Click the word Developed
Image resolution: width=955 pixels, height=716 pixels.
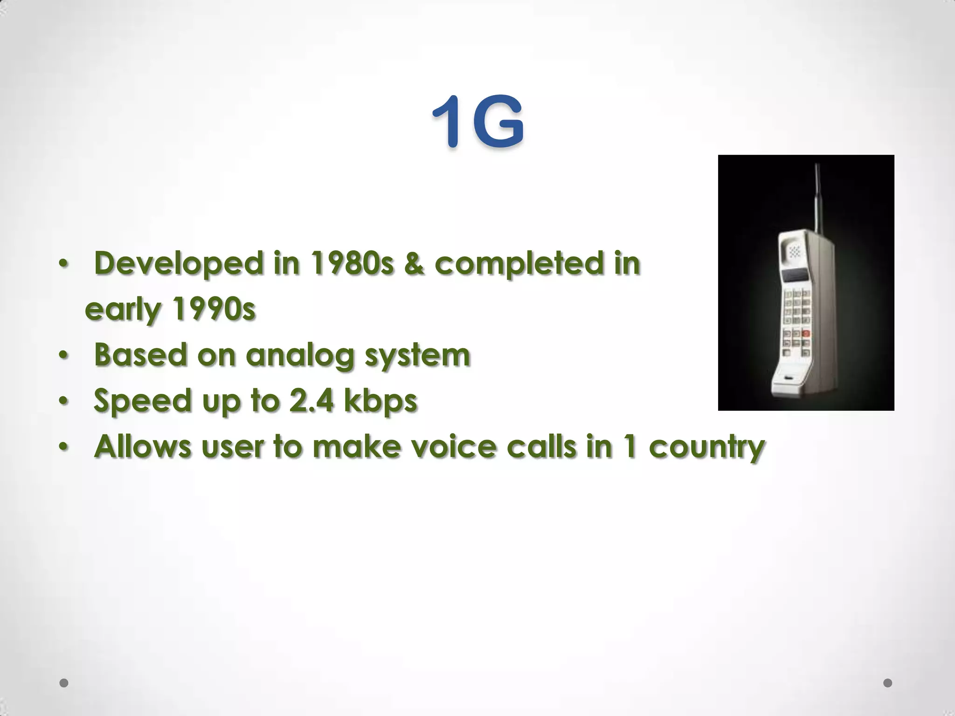[x=179, y=264]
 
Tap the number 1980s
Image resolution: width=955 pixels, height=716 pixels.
[x=352, y=264]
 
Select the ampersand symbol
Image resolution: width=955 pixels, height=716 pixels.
[x=414, y=264]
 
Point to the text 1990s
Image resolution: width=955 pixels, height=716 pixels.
[x=214, y=309]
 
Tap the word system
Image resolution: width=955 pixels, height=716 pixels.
[x=417, y=356]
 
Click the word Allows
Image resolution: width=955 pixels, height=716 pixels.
[x=142, y=447]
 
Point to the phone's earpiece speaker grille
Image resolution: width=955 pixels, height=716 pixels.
[x=794, y=252]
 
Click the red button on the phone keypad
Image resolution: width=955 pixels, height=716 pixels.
[x=805, y=334]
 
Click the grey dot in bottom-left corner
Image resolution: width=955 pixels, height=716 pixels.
[x=64, y=683]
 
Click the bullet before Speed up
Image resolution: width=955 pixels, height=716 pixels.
[x=63, y=401]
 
